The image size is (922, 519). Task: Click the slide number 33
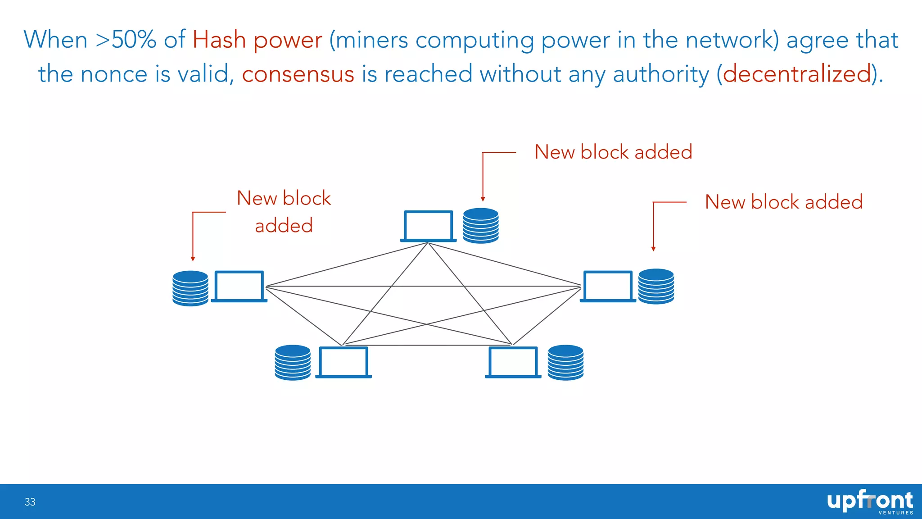[x=30, y=502]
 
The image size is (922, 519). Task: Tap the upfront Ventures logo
[x=870, y=502]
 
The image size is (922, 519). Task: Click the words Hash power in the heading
[x=257, y=40]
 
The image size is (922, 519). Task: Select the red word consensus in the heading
[x=298, y=74]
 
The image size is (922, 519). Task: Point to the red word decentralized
[x=797, y=74]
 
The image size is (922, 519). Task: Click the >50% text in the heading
[x=126, y=40]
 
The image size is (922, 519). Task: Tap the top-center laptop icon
[x=428, y=226]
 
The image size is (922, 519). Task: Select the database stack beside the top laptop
[x=480, y=225]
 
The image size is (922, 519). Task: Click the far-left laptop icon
[x=239, y=287]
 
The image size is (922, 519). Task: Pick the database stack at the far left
[x=190, y=288]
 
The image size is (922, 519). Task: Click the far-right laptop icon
[x=608, y=287]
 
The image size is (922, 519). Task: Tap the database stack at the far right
[x=656, y=287]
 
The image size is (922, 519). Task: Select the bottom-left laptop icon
[x=343, y=362]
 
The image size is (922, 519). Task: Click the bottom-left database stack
[x=293, y=363]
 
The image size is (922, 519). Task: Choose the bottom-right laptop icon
[x=513, y=362]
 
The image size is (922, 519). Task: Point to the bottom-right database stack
[x=565, y=363]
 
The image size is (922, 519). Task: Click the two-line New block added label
[x=284, y=212]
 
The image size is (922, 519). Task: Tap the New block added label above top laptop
[x=613, y=152]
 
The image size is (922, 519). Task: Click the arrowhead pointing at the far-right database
[x=653, y=249]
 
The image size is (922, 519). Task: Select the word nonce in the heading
[x=114, y=74]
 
